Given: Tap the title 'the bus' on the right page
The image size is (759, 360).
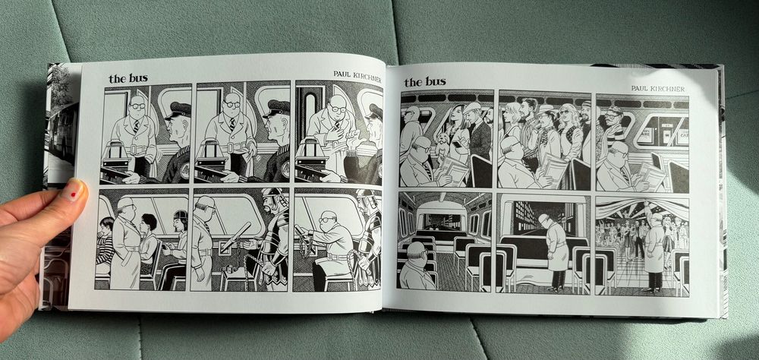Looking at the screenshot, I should [425, 82].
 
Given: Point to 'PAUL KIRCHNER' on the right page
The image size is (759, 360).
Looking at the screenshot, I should [657, 89].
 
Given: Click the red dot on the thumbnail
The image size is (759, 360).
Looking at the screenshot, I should [73, 194].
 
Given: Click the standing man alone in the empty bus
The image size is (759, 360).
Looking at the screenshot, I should [556, 250].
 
